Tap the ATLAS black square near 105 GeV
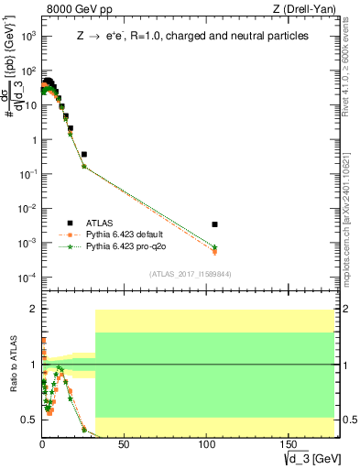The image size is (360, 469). (214, 224)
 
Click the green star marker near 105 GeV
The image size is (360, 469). (214, 247)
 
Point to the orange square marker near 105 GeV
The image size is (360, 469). (214, 251)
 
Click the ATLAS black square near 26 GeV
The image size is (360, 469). (84, 154)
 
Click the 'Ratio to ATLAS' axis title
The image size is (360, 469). (13, 365)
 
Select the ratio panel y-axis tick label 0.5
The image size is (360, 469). (29, 420)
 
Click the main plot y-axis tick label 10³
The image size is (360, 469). (29, 36)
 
